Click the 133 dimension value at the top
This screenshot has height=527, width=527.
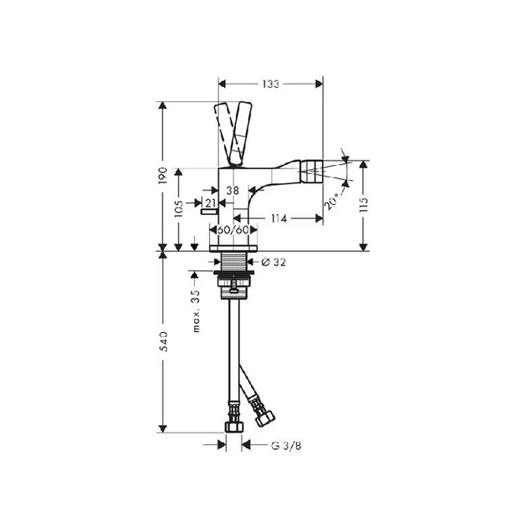click(x=271, y=84)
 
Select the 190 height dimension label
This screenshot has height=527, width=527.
click(x=162, y=175)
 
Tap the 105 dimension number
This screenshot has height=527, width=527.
click(x=179, y=208)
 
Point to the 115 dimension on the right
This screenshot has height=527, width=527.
click(x=364, y=205)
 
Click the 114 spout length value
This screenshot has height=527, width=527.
click(x=279, y=219)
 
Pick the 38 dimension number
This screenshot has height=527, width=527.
click(x=233, y=191)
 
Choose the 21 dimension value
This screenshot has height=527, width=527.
click(x=210, y=203)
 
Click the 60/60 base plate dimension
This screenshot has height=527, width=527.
click(x=233, y=230)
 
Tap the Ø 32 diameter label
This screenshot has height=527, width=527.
click(x=274, y=262)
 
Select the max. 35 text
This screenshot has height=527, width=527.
click(x=197, y=311)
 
